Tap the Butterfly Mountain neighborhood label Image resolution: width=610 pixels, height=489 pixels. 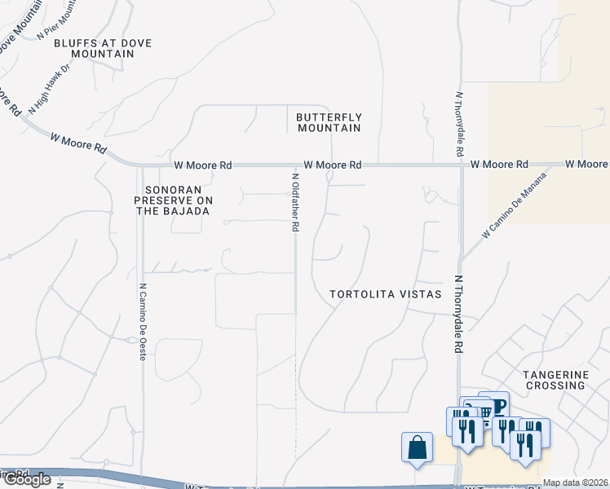click(329, 122)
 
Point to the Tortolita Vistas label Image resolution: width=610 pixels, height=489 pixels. click(385, 294)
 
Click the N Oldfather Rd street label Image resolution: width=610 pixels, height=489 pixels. click(294, 202)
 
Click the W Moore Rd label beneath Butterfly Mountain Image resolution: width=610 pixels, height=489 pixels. click(333, 165)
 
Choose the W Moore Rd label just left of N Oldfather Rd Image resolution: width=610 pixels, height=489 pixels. click(203, 165)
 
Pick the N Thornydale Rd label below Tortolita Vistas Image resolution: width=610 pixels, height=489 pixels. click(459, 314)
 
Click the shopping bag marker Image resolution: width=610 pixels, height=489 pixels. click(417, 448)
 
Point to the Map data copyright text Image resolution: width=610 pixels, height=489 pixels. click(575, 482)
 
